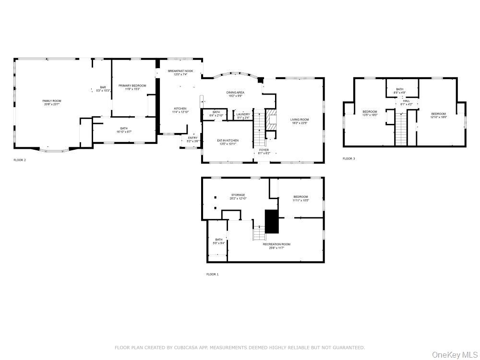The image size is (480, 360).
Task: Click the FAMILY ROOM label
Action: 52,101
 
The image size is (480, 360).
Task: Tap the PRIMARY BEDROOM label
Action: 132,85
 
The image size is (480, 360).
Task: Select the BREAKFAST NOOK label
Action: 180,71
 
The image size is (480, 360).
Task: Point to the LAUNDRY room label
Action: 243,114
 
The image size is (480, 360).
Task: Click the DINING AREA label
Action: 235,92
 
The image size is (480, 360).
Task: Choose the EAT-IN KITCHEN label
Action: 228,140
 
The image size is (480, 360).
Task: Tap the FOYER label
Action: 264,149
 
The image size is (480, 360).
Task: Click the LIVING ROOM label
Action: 300,120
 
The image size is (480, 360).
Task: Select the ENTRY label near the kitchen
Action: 192,138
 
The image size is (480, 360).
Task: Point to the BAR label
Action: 103,87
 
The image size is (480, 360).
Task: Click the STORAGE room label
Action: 238,195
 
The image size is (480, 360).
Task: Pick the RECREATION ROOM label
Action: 276,244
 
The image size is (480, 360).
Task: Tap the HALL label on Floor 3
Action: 406,101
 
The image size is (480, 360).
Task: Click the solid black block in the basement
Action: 272,221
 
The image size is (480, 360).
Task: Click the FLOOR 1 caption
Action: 212,274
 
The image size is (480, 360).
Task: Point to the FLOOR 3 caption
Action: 348,158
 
